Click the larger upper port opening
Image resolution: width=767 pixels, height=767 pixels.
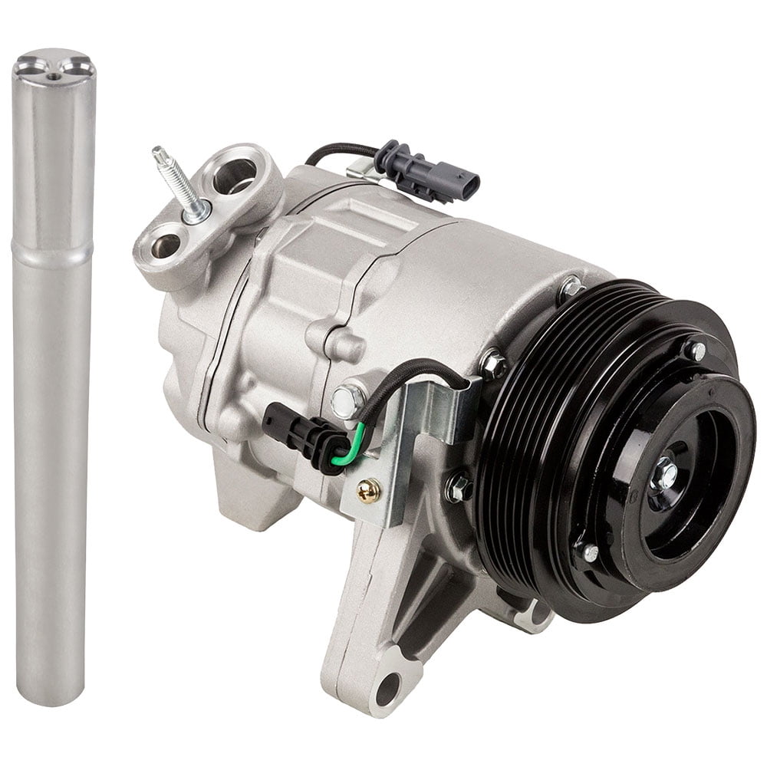234,176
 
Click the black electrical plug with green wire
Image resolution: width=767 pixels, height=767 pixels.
295,433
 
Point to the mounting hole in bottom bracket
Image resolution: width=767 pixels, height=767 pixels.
387,687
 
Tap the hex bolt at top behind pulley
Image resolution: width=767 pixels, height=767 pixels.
570,288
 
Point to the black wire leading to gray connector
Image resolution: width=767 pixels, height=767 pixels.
337,150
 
